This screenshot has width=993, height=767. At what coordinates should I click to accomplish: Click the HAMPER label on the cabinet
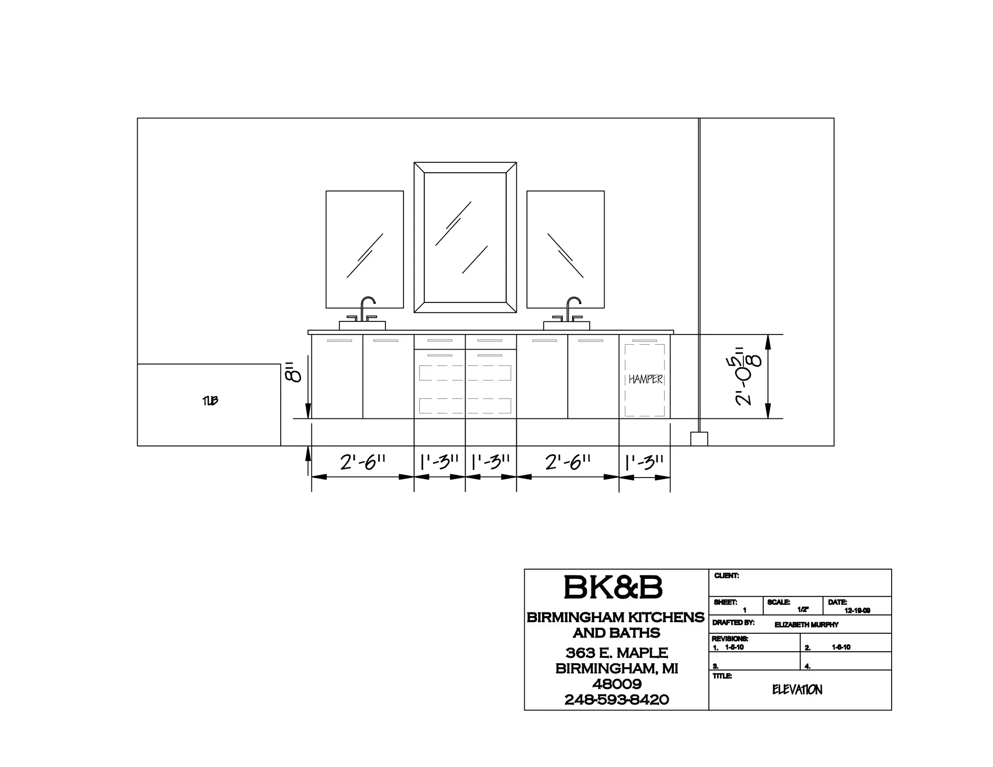[645, 379]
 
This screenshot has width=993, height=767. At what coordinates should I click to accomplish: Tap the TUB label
[210, 400]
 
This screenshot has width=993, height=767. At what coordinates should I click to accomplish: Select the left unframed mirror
[365, 249]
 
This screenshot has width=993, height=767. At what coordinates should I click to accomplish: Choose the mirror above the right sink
[565, 249]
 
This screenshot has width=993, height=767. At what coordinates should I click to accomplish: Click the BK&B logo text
[613, 587]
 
